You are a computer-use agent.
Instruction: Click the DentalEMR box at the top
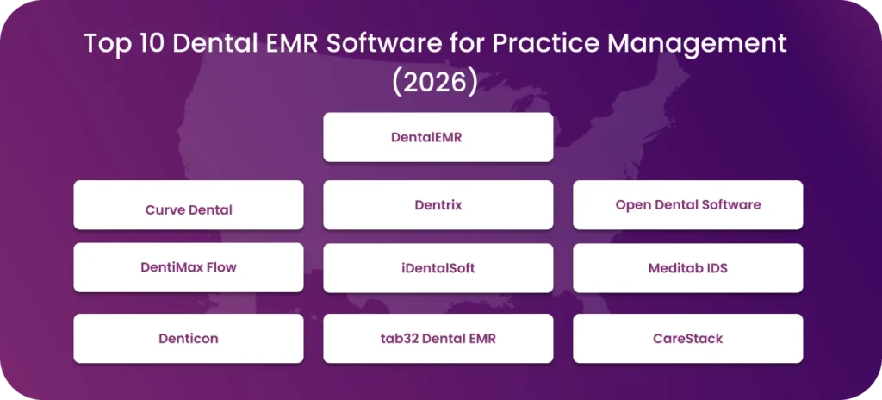pyautogui.click(x=438, y=137)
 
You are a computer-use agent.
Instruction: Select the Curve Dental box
pyautogui.click(x=188, y=205)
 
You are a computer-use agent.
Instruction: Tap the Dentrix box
pyautogui.click(x=438, y=205)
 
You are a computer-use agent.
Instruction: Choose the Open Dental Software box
pyautogui.click(x=687, y=205)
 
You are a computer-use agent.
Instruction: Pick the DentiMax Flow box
pyautogui.click(x=188, y=267)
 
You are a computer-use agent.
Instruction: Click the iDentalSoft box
pyautogui.click(x=438, y=268)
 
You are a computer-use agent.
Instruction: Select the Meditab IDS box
pyautogui.click(x=687, y=268)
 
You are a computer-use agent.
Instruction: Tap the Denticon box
pyautogui.click(x=188, y=338)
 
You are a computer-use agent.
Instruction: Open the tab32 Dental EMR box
pyautogui.click(x=438, y=338)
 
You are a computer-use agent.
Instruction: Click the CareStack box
pyautogui.click(x=687, y=338)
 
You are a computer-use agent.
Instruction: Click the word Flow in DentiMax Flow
pyautogui.click(x=220, y=267)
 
